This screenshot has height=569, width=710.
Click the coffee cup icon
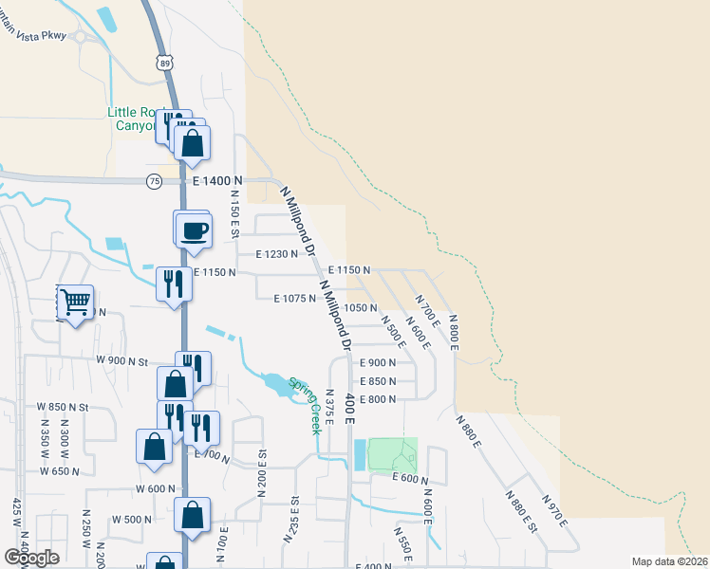(193, 230)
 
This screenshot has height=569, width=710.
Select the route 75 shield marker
(155, 180)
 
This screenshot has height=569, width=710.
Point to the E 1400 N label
(217, 180)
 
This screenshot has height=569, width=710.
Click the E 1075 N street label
(294, 299)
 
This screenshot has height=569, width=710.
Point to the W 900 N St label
(123, 361)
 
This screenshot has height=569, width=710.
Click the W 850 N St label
(63, 406)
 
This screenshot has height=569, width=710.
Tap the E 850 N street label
(377, 381)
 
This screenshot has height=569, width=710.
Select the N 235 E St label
(290, 519)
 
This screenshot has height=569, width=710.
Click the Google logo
(31, 558)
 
